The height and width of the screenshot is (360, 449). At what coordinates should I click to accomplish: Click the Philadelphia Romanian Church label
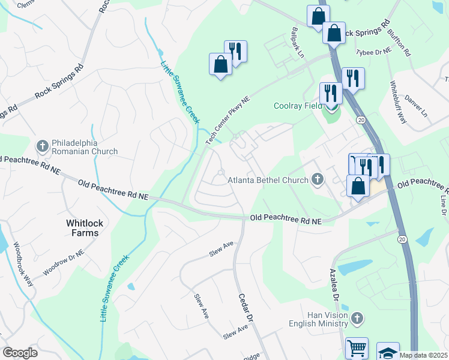pos(85,146)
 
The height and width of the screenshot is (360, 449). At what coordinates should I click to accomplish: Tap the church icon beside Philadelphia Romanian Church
pos(42,146)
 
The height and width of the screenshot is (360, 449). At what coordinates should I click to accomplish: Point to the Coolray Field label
pos(298,106)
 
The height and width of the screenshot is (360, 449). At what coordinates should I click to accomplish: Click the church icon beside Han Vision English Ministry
pos(357,318)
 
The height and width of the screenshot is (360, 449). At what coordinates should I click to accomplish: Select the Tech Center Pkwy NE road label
pos(227,113)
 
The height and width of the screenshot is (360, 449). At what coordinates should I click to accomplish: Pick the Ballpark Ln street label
pos(298,43)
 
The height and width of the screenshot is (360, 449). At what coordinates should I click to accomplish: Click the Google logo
pos(20,352)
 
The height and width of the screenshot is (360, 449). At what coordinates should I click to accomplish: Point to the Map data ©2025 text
pos(424,355)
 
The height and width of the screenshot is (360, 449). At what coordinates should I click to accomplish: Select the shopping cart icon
pos(357,347)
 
